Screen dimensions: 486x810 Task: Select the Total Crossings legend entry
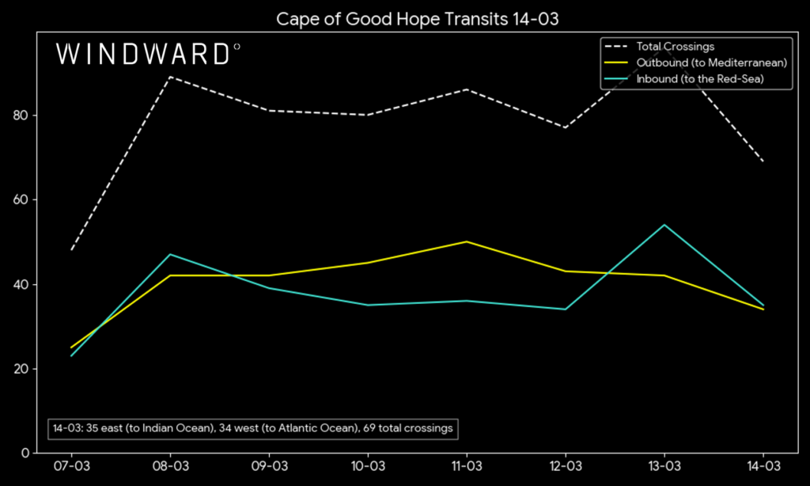coord(675,47)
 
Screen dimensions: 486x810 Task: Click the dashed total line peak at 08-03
coord(170,77)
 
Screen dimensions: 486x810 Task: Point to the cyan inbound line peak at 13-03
coord(664,225)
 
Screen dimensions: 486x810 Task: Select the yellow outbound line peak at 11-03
coord(467,241)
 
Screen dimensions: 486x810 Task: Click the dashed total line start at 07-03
coord(72,250)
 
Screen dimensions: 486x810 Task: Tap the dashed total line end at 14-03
coord(763,161)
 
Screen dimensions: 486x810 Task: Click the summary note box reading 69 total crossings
coord(252,428)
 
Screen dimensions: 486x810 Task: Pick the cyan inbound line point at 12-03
coord(565,309)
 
